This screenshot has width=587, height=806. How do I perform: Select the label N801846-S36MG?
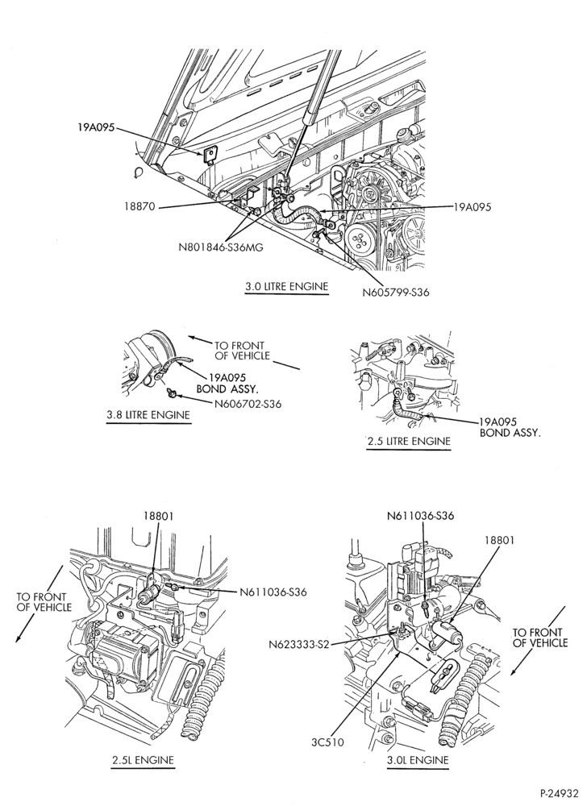coord(221,247)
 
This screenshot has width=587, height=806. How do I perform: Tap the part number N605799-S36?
coord(396,293)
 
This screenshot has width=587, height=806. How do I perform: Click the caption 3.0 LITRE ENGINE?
coord(286,287)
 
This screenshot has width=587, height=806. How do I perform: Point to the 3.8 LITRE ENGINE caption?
coord(148,415)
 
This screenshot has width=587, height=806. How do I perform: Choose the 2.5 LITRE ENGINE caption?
coord(409,441)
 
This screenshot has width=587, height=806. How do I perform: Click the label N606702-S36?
coord(248,404)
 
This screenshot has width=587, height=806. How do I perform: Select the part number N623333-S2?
coord(301,643)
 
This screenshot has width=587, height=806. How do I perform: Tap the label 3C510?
coord(327,742)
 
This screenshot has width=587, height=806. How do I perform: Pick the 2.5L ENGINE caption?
coord(143,760)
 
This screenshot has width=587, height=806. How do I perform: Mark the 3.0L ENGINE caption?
coord(418,760)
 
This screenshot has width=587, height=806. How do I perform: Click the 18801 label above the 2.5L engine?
coord(159,516)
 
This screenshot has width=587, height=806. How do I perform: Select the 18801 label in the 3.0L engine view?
coord(498,540)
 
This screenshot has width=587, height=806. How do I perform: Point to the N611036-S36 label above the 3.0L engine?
coord(420,516)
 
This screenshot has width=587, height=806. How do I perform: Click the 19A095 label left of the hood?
coord(96,127)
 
